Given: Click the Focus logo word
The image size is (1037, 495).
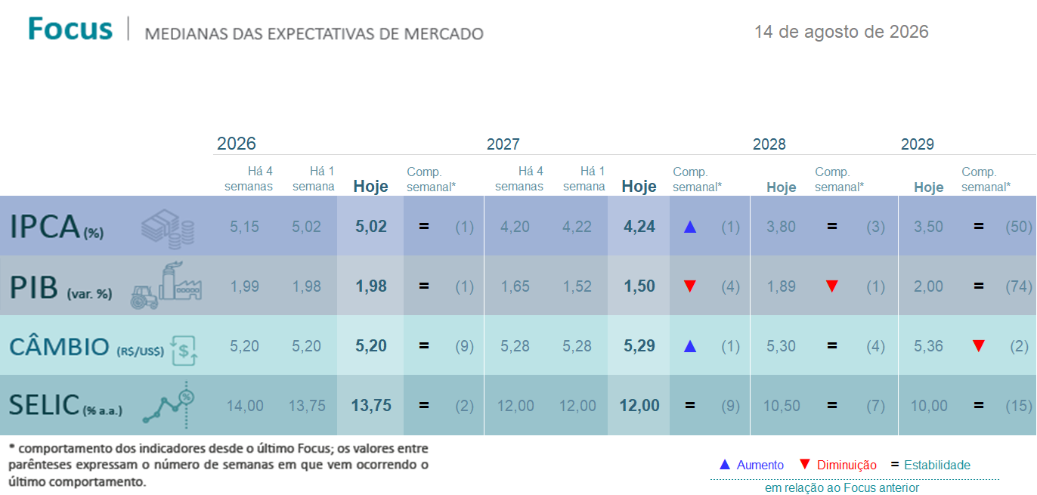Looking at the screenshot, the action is click(70, 29).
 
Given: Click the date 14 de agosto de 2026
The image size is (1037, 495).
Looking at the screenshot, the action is click(841, 32).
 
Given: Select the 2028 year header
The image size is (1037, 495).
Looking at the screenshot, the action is click(769, 144).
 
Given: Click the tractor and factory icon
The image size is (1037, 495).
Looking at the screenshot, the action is click(166, 285).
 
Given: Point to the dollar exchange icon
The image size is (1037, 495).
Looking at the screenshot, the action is click(184, 351).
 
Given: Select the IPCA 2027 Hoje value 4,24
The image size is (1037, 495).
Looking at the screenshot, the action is click(639, 227).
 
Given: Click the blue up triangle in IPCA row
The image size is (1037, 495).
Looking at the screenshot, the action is click(690, 227).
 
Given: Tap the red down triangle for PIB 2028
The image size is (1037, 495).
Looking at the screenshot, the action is click(832, 286).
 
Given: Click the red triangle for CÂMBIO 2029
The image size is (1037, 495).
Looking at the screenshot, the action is click(979, 346).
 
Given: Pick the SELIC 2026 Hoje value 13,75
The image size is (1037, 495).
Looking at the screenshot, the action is click(371, 406).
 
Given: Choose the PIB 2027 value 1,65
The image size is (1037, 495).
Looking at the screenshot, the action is click(515, 286).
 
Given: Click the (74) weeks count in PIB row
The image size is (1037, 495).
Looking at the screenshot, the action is click(1019, 286).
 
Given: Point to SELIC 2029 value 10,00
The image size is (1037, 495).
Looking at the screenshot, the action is click(928, 406).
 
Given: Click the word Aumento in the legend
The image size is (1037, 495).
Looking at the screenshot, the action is click(760, 465).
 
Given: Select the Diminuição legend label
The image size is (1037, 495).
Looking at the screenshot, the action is click(847, 465).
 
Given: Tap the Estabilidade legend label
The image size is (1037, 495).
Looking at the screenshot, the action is click(937, 465).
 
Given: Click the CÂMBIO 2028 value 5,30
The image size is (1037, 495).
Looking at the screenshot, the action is click(781, 346).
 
